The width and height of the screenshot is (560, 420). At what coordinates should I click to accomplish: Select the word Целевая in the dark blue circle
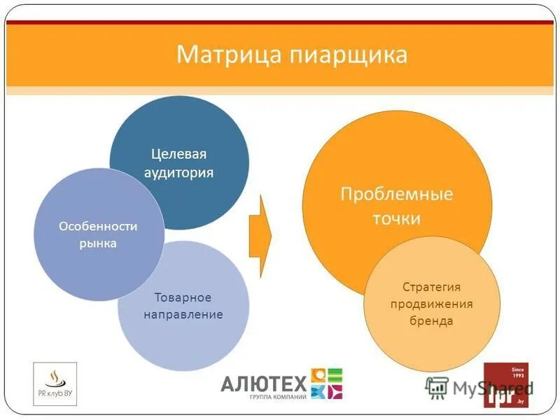(179, 154)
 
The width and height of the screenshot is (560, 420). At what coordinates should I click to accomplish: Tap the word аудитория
(179, 172)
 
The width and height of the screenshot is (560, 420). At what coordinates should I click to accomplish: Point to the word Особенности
(98, 226)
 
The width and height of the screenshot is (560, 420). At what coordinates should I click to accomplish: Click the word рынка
(98, 244)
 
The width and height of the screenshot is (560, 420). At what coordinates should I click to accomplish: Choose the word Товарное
(183, 297)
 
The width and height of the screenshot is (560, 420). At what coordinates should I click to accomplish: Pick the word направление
(183, 314)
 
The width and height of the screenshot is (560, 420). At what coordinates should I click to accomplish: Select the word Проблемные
(397, 194)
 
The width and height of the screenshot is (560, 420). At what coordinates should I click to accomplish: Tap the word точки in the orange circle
(397, 218)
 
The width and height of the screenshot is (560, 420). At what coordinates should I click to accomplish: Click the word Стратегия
(432, 287)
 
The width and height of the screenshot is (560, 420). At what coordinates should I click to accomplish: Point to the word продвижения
(432, 304)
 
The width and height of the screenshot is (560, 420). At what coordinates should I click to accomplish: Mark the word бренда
(432, 321)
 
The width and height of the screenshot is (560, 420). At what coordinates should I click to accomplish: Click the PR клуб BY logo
(55, 384)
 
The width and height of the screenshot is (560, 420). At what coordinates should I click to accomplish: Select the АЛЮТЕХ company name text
(264, 383)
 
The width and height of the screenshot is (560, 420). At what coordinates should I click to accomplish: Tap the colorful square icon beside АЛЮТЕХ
(327, 384)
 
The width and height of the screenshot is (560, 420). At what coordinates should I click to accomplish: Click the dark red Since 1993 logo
(506, 385)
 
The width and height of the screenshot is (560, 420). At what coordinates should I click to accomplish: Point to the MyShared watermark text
(483, 388)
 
